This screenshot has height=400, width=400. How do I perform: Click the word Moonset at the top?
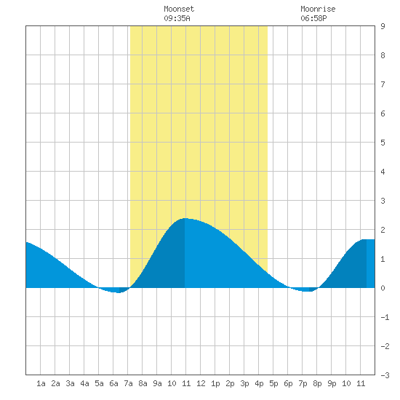pyautogui.click(x=179, y=9)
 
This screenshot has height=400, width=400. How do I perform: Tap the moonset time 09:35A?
pyautogui.click(x=177, y=18)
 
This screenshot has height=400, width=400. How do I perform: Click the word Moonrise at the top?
pyautogui.click(x=318, y=9)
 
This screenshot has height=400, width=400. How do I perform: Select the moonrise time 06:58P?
pyautogui.click(x=313, y=18)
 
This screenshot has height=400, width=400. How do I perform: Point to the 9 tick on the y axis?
pyautogui.click(x=383, y=26)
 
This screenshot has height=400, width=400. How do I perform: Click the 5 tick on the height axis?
pyautogui.click(x=383, y=143)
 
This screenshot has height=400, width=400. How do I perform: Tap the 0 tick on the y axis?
pyautogui.click(x=383, y=288)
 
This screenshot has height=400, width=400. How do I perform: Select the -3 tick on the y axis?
pyautogui.click(x=385, y=375)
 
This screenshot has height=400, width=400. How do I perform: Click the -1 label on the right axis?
pyautogui.click(x=385, y=317)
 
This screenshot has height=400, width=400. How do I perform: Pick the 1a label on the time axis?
pyautogui.click(x=41, y=383)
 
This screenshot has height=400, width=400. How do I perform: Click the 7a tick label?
pyautogui.click(x=128, y=383)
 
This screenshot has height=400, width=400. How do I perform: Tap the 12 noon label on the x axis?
pyautogui.click(x=201, y=383)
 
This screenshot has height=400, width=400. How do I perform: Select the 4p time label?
pyautogui.click(x=259, y=383)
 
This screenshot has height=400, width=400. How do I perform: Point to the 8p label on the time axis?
pyautogui.click(x=317, y=383)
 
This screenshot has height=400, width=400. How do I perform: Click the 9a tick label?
pyautogui.click(x=157, y=383)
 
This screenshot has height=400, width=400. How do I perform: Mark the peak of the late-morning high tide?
pyautogui.click(x=185, y=218)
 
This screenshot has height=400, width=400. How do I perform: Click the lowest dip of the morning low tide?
pyautogui.click(x=119, y=292)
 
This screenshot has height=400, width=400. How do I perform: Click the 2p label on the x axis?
pyautogui.click(x=230, y=383)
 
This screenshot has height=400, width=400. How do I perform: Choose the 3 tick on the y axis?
pyautogui.click(x=383, y=201)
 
